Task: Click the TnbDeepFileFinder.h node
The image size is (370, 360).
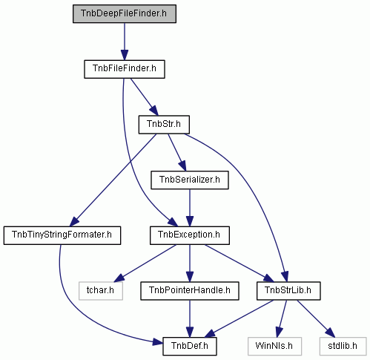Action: (x=125, y=13)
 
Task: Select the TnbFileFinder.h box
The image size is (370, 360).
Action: (x=125, y=69)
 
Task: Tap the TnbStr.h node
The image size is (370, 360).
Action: (x=164, y=125)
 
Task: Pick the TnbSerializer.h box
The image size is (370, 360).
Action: (x=190, y=180)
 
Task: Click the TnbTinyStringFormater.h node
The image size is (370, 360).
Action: (x=62, y=235)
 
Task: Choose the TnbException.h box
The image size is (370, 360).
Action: (x=190, y=235)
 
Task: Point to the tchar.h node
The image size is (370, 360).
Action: (x=101, y=291)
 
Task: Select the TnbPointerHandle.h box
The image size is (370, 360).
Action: (x=190, y=291)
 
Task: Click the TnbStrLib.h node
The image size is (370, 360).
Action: (x=288, y=291)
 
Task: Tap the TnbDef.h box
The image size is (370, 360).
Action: (x=190, y=346)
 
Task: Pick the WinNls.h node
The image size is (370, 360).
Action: (x=274, y=346)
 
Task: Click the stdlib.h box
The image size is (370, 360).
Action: (x=343, y=346)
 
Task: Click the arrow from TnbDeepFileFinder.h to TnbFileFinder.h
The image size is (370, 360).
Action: (x=125, y=42)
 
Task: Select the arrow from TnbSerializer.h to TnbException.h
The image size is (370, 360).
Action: (x=190, y=208)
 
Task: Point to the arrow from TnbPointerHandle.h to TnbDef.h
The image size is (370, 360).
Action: (x=190, y=318)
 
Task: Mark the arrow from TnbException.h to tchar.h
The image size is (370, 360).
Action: (x=145, y=264)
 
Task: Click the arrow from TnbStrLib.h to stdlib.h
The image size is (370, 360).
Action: (x=316, y=318)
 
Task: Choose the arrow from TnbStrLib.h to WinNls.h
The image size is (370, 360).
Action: (x=282, y=318)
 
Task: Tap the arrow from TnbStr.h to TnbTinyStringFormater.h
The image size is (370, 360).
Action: (x=113, y=180)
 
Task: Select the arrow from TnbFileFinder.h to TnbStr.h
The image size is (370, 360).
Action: (x=145, y=97)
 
